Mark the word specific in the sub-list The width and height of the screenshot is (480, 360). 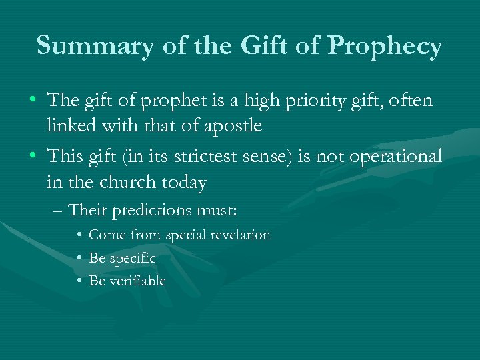tap(131, 258)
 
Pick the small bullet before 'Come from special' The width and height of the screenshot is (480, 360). tap(79, 235)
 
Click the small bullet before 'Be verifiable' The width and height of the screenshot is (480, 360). tap(79, 281)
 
